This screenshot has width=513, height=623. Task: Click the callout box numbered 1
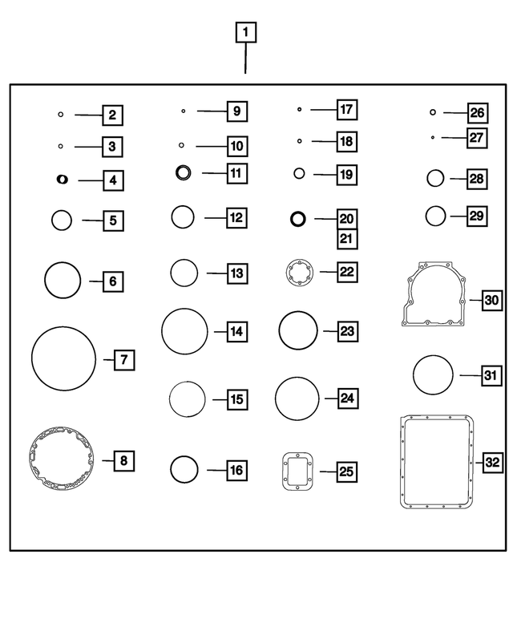coord(246,33)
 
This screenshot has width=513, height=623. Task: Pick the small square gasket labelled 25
coord(297,471)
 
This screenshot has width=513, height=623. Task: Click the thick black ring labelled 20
coord(298,218)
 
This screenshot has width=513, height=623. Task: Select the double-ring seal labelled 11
coord(184,172)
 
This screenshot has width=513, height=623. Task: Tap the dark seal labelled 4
coord(62,180)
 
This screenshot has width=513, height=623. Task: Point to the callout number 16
coord(236,471)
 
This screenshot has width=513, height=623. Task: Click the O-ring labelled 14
coord(184,330)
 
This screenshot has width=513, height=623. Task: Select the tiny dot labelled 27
coord(433,137)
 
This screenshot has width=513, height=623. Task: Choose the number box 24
coord(347,398)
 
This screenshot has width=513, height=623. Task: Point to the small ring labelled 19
coord(300,173)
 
